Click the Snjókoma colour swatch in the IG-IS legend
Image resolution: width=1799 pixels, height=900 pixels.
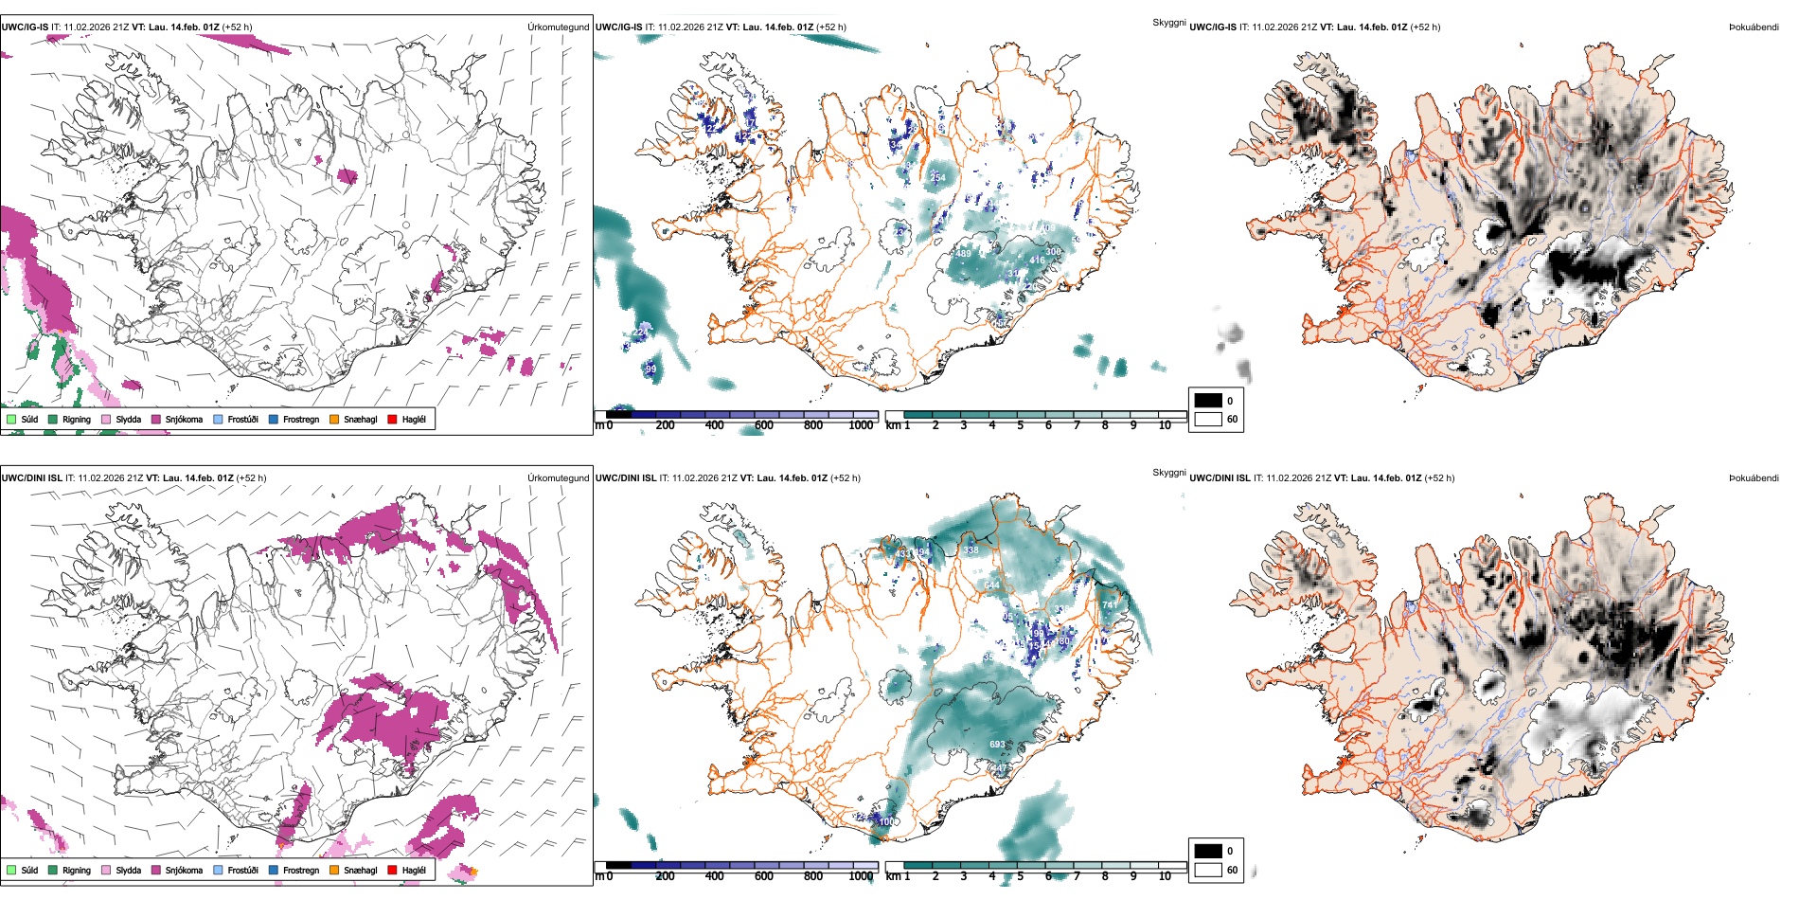tap(156, 419)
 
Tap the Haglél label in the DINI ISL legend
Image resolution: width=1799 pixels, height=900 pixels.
tap(414, 870)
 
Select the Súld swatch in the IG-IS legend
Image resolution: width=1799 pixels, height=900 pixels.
tap(11, 419)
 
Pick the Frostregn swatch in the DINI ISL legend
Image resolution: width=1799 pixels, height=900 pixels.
tap(274, 870)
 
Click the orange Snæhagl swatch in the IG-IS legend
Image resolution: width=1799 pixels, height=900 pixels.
tap(334, 419)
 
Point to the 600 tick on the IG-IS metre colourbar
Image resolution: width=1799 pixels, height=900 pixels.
tap(764, 425)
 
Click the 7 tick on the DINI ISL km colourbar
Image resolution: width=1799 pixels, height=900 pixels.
tap(1077, 876)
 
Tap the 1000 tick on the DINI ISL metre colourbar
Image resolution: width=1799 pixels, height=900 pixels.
tap(861, 876)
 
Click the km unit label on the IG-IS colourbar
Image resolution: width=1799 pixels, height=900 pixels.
tap(893, 425)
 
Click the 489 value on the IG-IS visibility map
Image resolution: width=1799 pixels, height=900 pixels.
tap(963, 254)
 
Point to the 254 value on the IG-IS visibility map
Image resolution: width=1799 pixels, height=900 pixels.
tap(937, 177)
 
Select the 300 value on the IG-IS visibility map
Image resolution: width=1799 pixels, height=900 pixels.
tap(1053, 252)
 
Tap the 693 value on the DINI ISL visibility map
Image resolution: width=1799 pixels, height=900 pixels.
tap(997, 745)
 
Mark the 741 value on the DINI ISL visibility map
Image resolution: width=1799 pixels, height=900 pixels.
tap(1110, 604)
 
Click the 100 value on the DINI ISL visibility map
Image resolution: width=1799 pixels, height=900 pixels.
tap(886, 821)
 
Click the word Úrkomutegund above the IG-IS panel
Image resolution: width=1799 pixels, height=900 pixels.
tap(558, 27)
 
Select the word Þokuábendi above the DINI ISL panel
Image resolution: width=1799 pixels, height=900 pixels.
tap(1754, 478)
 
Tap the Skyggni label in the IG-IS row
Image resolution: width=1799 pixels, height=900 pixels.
tap(1168, 23)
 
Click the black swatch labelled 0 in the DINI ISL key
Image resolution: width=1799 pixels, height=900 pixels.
tap(1208, 851)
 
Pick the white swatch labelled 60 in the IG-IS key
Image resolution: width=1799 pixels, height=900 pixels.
tap(1208, 419)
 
